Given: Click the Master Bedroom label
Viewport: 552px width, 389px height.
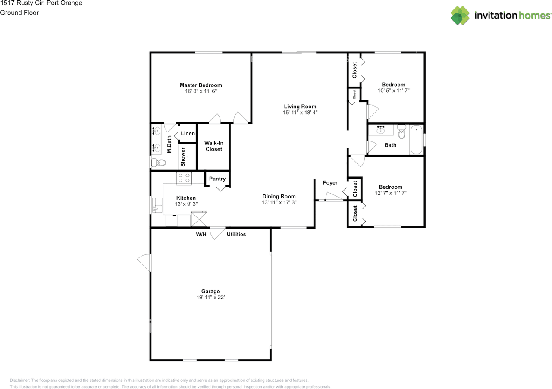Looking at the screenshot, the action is [201, 85].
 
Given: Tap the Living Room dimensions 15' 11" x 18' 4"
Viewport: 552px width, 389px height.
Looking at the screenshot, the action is [300, 113].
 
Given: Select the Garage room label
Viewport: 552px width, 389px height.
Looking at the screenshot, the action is [210, 292].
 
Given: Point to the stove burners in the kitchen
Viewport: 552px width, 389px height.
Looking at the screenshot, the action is [184, 178].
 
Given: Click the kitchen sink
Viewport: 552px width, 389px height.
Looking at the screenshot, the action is [157, 205].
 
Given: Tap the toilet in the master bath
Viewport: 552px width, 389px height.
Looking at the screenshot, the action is [158, 163].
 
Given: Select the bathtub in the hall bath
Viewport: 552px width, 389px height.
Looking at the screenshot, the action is [417, 140].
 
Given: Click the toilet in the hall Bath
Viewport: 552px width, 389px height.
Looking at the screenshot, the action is [401, 132].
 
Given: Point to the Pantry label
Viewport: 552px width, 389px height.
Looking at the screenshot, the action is [217, 179].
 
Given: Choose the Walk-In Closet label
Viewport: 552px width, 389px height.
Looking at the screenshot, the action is [214, 146].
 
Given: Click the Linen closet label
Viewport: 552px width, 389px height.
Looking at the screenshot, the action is [188, 133].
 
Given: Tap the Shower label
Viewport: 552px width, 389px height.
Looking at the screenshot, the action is [183, 157].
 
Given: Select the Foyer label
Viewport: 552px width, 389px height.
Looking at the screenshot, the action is [330, 183].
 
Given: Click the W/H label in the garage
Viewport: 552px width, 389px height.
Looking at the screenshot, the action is [201, 235].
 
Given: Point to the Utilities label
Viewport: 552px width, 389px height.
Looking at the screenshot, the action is [236, 235].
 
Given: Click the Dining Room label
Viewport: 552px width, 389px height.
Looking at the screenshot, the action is [279, 197].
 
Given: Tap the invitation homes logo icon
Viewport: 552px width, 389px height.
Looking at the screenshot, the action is [460, 16].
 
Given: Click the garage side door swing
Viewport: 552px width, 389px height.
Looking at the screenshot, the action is [144, 263].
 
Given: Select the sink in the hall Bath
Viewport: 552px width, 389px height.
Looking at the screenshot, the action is [381, 130].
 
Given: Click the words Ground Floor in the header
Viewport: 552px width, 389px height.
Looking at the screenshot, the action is [19, 13].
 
